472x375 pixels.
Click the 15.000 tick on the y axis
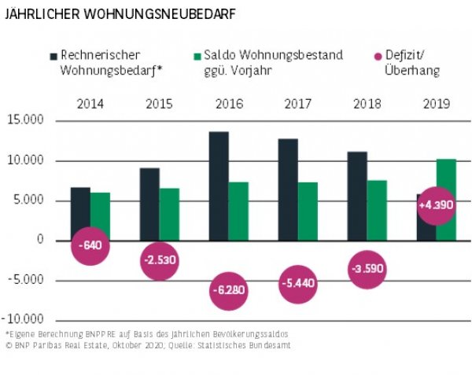(x=26, y=120)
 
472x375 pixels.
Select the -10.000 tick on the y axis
(x=24, y=321)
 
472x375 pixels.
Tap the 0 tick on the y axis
(x=39, y=241)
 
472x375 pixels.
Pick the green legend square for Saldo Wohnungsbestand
(x=197, y=57)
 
